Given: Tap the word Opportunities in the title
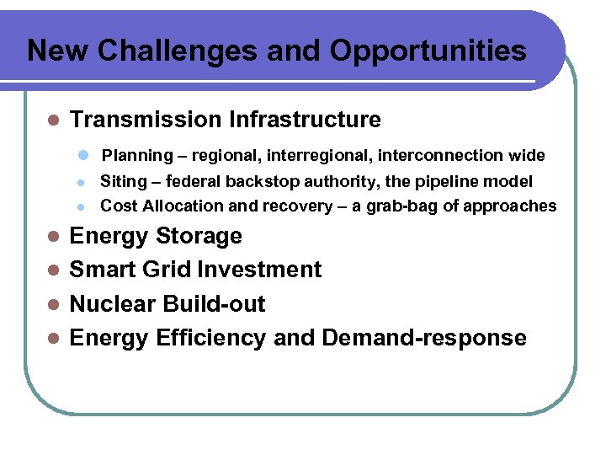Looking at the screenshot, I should click(428, 51).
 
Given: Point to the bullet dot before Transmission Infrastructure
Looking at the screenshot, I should click(52, 120).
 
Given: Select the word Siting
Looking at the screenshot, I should click(122, 181).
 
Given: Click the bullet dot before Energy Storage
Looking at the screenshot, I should click(52, 237).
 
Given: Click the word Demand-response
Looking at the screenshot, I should click(424, 338).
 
